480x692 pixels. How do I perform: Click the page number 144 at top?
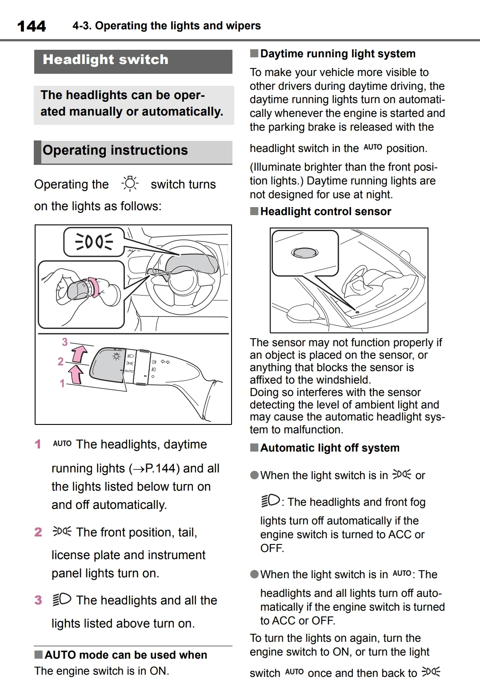click(x=31, y=26)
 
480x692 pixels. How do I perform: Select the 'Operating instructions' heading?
click(x=115, y=151)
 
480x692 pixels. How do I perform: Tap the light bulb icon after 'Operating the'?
click(x=130, y=184)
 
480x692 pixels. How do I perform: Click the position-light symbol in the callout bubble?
click(x=94, y=242)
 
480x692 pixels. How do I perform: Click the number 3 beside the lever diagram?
click(x=65, y=342)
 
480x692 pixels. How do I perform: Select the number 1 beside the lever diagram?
click(x=62, y=383)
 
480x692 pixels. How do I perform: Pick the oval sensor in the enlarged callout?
click(x=304, y=252)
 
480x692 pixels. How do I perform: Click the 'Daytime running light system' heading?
click(x=338, y=54)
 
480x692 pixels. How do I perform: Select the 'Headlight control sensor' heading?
click(x=325, y=212)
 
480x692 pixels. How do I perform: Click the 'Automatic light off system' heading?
click(x=330, y=448)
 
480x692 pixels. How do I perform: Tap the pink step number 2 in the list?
click(x=38, y=532)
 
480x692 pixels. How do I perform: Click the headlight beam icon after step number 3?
click(x=61, y=600)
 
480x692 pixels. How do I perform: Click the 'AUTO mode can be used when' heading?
click(x=125, y=655)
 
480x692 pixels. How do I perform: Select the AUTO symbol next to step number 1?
click(x=62, y=444)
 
